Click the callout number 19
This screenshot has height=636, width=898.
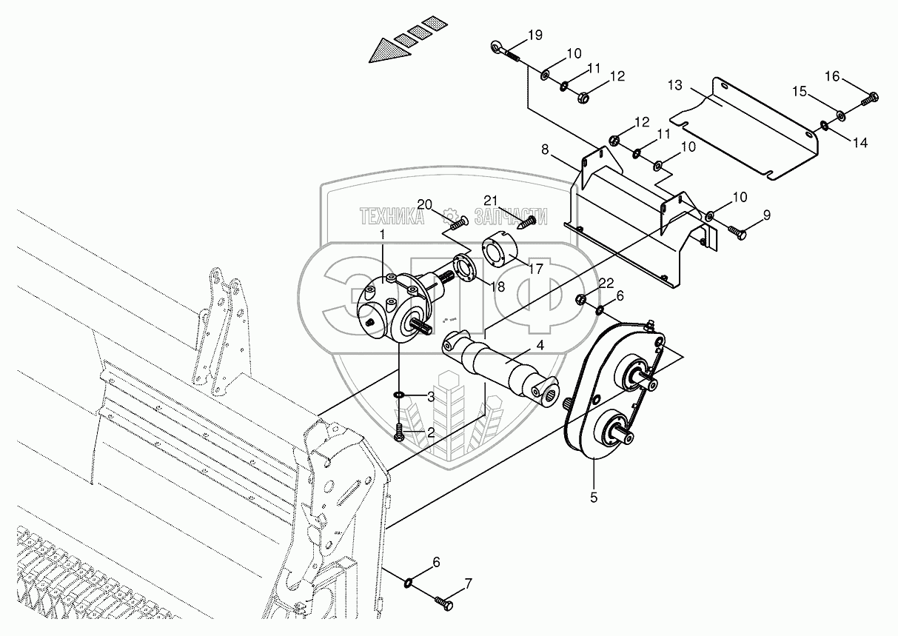pyautogui.click(x=535, y=36)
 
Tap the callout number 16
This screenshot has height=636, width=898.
pyautogui.click(x=832, y=76)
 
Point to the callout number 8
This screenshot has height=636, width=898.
pyautogui.click(x=545, y=150)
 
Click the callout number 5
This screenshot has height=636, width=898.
pyautogui.click(x=594, y=498)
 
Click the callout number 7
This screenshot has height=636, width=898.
pyautogui.click(x=467, y=584)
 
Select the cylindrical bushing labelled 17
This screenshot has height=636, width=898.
pyautogui.click(x=494, y=250)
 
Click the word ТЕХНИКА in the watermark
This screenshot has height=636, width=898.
pyautogui.click(x=392, y=217)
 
